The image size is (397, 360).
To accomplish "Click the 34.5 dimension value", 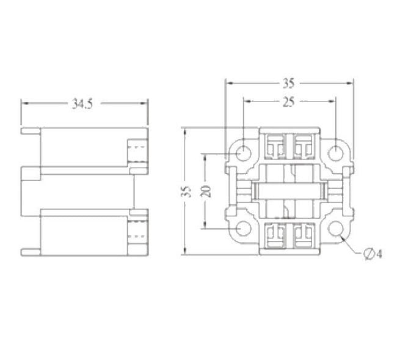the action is coord(82,104).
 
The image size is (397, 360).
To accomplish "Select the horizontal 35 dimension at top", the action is coord(289,83).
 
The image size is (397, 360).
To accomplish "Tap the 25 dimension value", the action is coord(289,102).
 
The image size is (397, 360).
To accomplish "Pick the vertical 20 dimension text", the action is coord(206,191).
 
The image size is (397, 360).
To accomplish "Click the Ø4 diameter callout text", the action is coord(373,254).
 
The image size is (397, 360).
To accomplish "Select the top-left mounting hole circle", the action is coord(243,153).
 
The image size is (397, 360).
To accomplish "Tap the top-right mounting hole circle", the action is coord(335,153).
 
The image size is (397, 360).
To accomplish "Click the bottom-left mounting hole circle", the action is coord(243,229).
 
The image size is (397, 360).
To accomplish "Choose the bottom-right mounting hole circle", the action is coord(335,229).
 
